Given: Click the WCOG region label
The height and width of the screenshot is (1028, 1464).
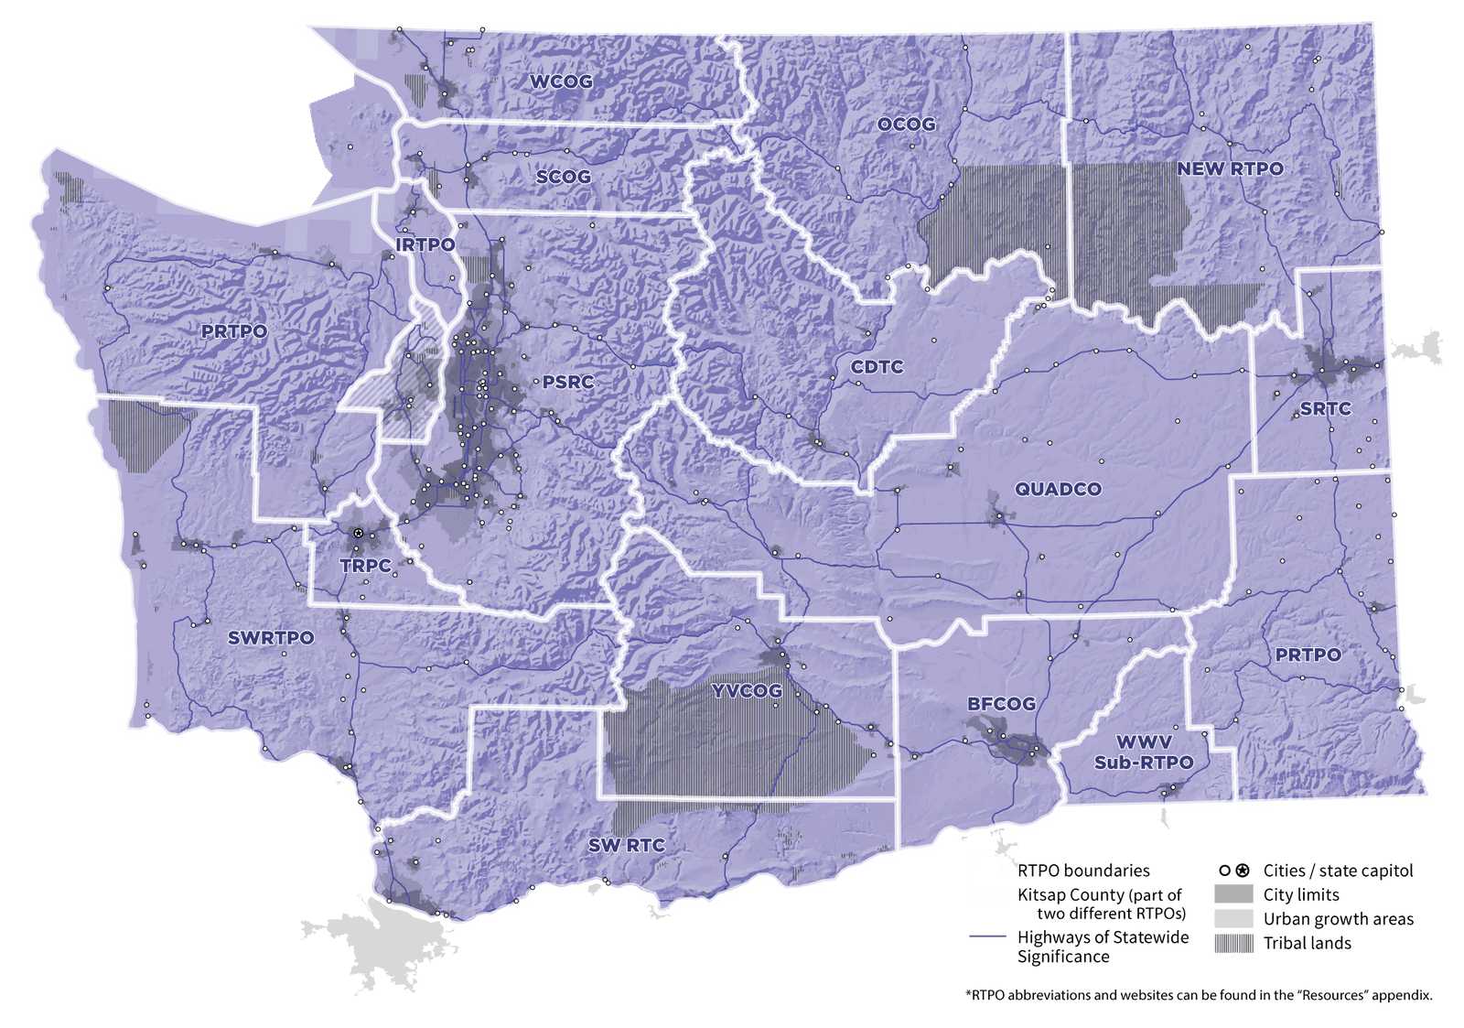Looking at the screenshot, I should (x=561, y=81).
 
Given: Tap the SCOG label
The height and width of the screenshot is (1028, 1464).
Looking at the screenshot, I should (x=563, y=177).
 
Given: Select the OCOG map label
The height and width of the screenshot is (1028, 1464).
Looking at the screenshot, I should (x=906, y=124).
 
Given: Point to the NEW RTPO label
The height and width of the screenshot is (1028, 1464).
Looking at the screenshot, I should (x=1230, y=168).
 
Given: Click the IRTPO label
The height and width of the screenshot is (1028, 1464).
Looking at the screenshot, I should (x=425, y=244).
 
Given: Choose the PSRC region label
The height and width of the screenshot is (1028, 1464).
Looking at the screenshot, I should (x=567, y=382).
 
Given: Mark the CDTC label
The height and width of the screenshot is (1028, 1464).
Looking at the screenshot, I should (x=877, y=367).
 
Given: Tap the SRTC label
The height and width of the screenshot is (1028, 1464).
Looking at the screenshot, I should (x=1325, y=408).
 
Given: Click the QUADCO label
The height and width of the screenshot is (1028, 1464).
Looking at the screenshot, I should (x=1058, y=489).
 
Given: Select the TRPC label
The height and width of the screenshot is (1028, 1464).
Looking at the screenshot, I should (x=366, y=566).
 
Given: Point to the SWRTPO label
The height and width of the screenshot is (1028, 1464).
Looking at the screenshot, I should (x=271, y=637).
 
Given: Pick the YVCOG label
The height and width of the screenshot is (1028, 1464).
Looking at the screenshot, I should (x=747, y=690).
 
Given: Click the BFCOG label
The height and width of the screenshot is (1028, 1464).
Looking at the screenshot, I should (x=1001, y=704).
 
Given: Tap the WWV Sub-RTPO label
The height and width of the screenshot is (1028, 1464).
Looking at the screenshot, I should (x=1144, y=752).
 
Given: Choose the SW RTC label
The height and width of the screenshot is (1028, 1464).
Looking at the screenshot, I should (x=626, y=845).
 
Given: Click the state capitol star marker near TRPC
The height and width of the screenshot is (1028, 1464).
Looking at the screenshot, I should (x=359, y=532).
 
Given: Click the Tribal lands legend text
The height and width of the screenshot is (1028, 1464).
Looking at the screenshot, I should (x=1307, y=943).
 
